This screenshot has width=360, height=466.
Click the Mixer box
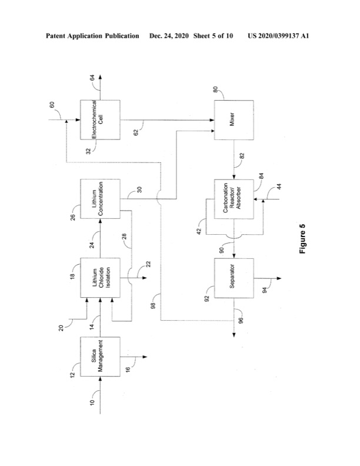[232, 119]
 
